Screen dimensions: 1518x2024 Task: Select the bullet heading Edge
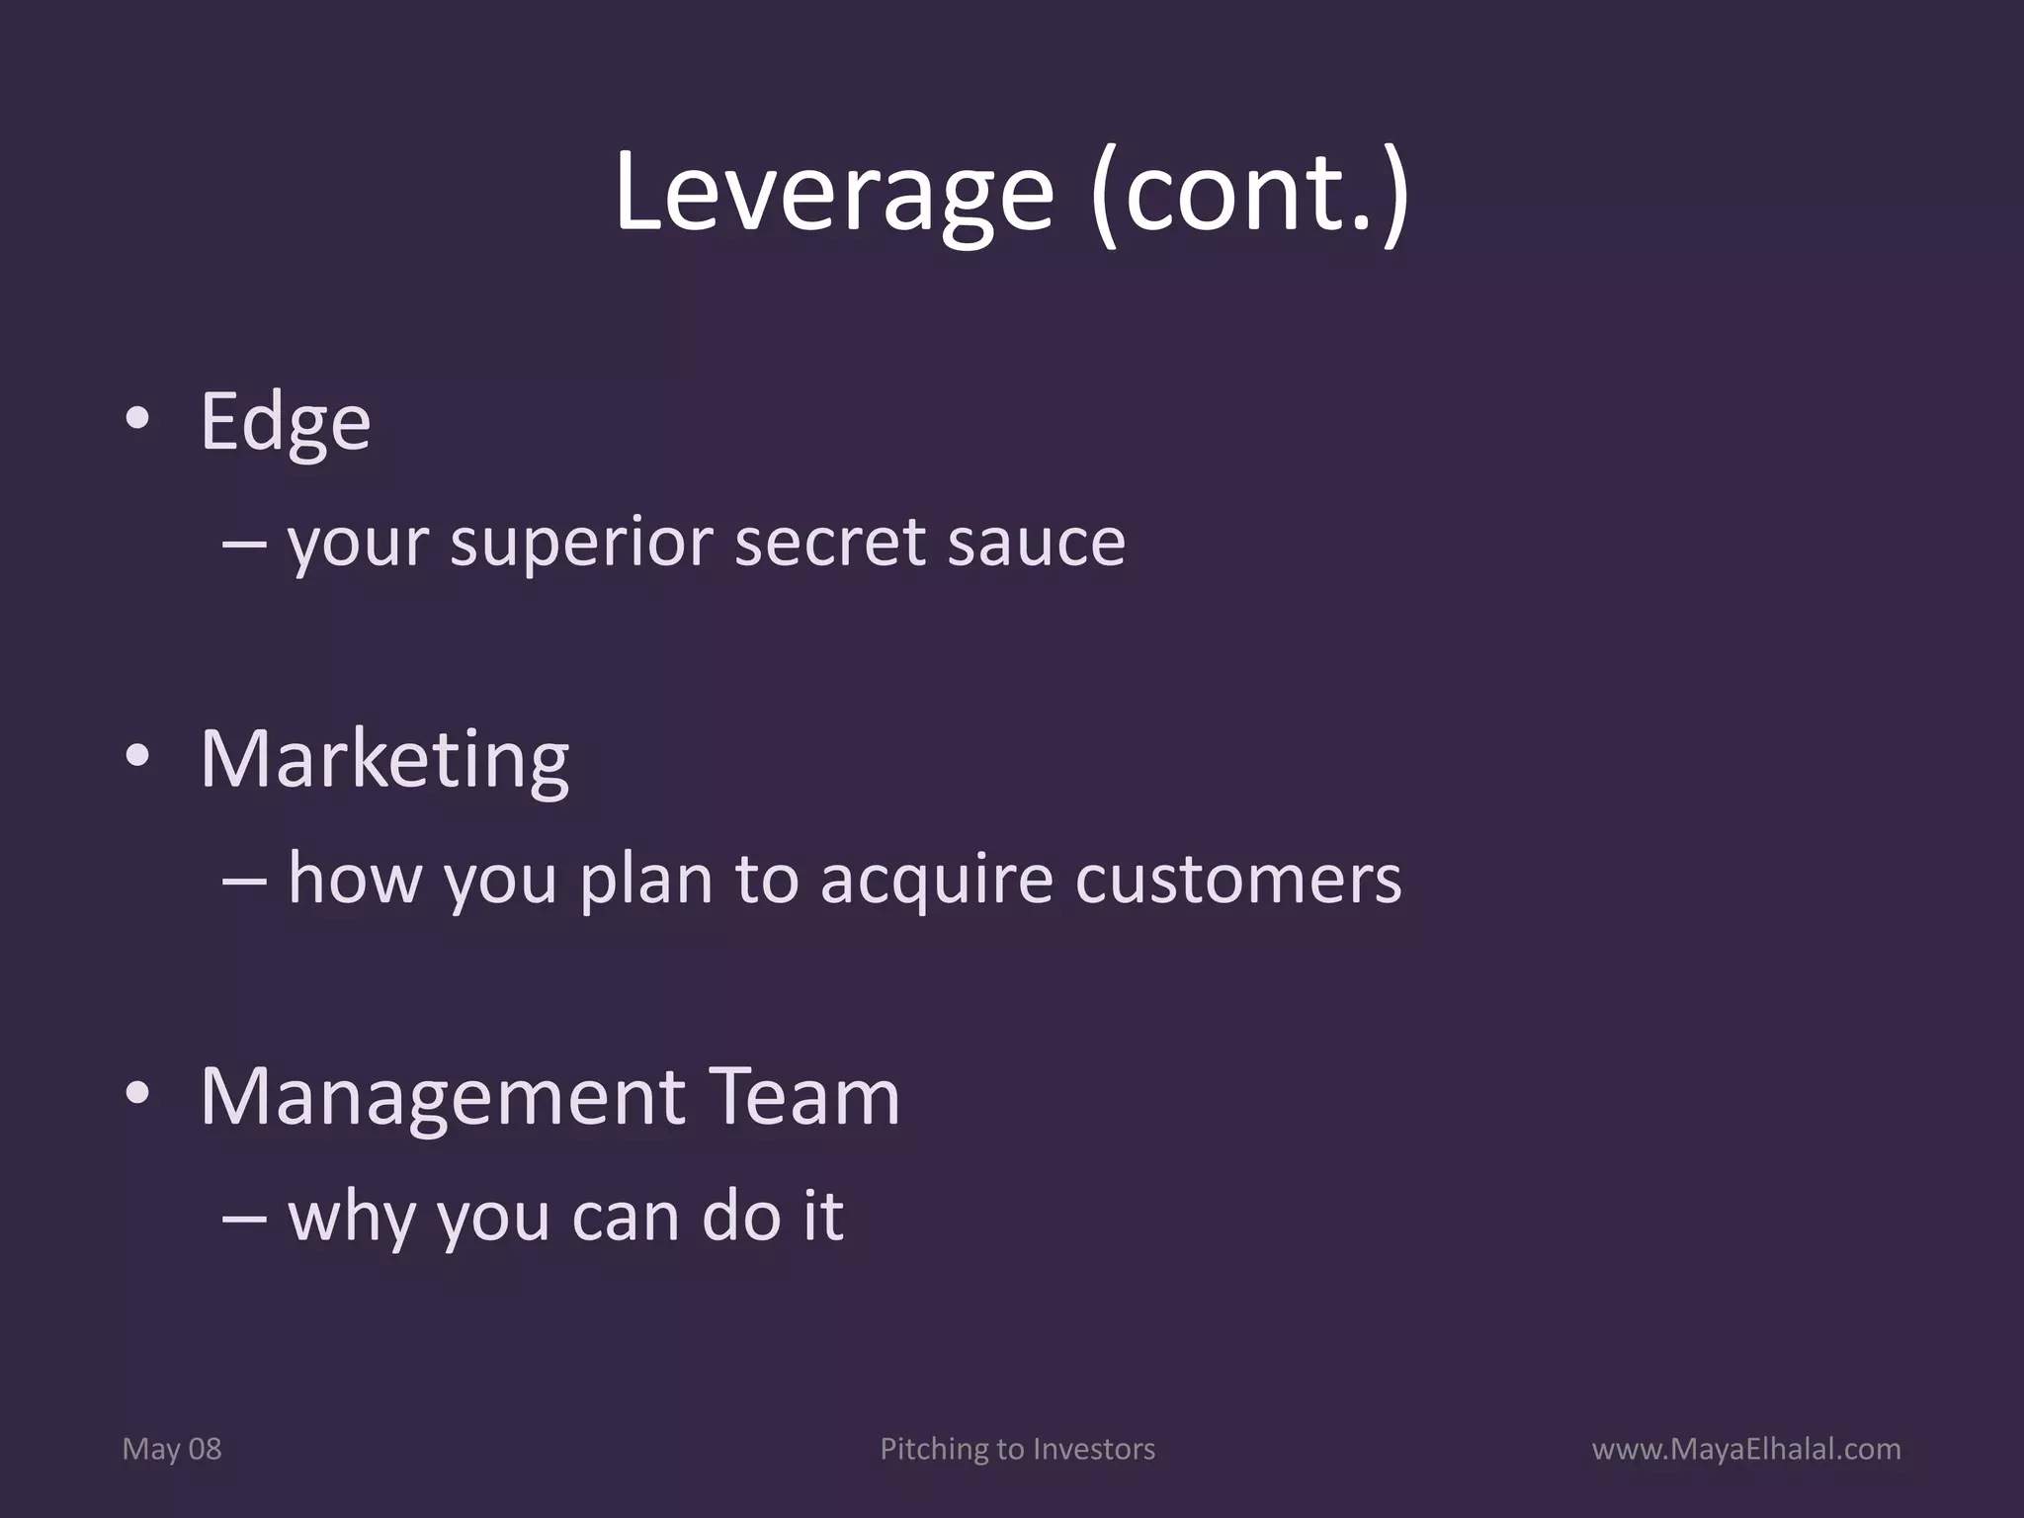(285, 423)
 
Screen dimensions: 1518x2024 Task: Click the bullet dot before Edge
(137, 419)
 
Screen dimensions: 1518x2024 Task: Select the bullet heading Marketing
(384, 760)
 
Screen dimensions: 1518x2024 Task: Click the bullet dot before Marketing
(137, 757)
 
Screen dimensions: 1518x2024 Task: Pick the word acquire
(936, 881)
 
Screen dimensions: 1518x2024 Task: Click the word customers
(1237, 879)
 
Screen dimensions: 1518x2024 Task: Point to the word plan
(645, 881)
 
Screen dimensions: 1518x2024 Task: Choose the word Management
(442, 1097)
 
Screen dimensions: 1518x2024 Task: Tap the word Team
(804, 1097)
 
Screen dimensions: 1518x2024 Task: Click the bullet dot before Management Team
(137, 1094)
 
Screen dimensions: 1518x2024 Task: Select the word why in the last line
(351, 1218)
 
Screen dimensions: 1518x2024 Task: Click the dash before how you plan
(243, 879)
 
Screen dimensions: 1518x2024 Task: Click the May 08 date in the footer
(171, 1449)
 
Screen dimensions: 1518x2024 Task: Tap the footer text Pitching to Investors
(1017, 1449)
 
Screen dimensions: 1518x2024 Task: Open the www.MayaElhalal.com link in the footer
(1745, 1449)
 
